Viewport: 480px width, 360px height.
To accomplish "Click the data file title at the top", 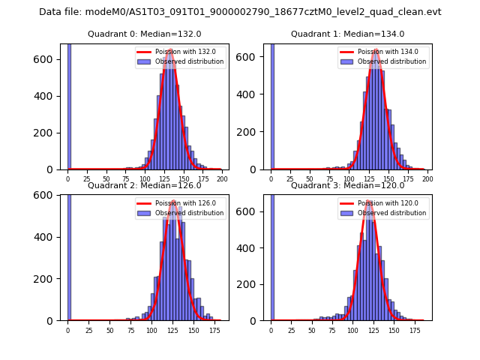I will tap(240, 12).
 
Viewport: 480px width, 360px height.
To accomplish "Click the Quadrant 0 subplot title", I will tap(145, 34).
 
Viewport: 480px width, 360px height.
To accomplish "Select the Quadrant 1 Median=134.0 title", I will tap(348, 34).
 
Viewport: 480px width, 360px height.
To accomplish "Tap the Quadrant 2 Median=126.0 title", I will tap(145, 185).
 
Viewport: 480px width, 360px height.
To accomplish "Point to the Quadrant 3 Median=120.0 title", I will tap(348, 185).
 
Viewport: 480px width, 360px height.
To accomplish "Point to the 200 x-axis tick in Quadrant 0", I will tap(221, 180).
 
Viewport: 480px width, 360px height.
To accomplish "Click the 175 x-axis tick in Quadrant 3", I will tap(415, 330).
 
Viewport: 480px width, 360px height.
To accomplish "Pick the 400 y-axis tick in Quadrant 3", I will tap(253, 247).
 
